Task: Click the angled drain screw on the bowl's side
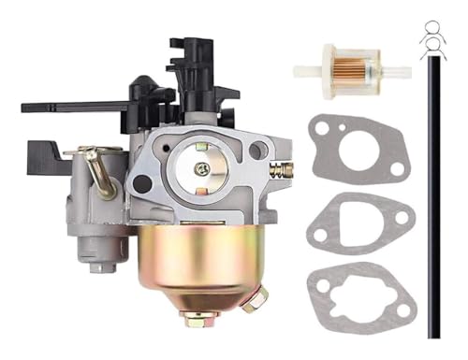point(250,300)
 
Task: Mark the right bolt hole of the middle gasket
point(402,219)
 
